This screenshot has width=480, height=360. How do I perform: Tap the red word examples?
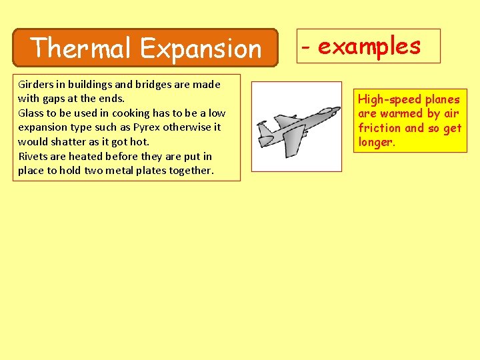(x=369, y=46)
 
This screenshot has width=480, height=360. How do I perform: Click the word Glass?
(x=31, y=113)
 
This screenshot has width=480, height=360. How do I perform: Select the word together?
(x=192, y=170)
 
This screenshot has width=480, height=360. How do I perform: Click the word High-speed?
(x=389, y=99)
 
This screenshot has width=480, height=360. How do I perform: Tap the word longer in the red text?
(x=376, y=142)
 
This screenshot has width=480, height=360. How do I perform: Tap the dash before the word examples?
(x=305, y=48)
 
